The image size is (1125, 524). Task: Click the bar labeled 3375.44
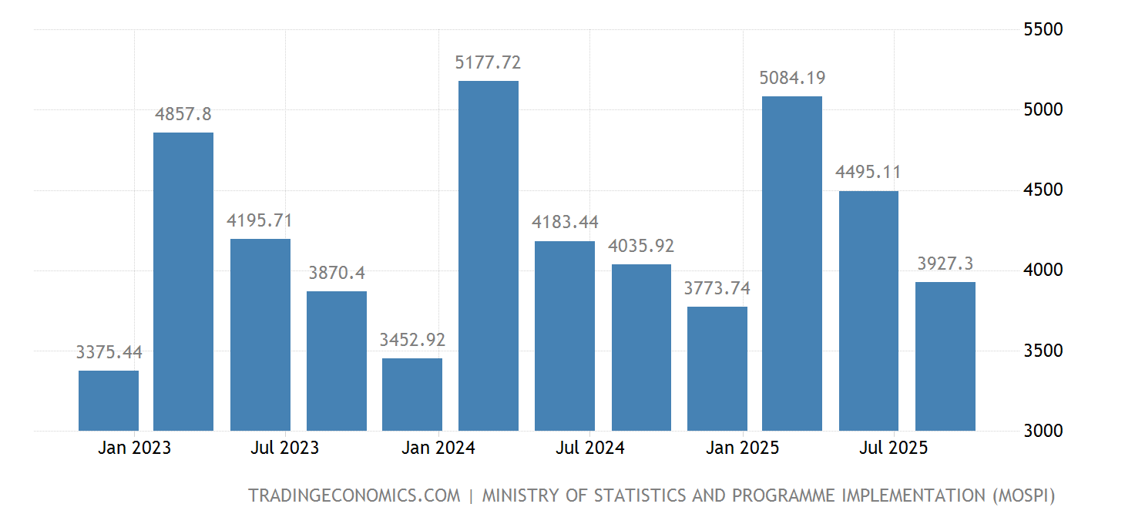tap(109, 401)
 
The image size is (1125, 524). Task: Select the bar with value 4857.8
tap(183, 281)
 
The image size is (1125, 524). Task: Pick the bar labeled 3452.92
tap(412, 395)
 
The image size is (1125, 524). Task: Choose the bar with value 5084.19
tap(792, 264)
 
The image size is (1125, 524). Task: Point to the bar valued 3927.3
tap(945, 356)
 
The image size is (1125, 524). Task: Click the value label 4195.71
tap(260, 220)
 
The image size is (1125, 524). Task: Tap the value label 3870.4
tap(337, 273)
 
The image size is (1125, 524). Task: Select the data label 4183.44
tap(565, 223)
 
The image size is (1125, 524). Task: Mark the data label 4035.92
tap(641, 246)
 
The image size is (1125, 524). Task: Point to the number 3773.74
tap(717, 288)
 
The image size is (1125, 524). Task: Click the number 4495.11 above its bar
tap(868, 173)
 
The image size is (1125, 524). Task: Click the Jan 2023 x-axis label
tap(135, 448)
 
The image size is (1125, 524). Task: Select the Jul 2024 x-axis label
tap(590, 448)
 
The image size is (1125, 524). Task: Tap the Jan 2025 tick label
tap(743, 448)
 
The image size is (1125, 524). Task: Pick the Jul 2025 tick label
tap(894, 448)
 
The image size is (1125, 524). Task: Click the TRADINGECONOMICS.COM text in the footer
tap(354, 495)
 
